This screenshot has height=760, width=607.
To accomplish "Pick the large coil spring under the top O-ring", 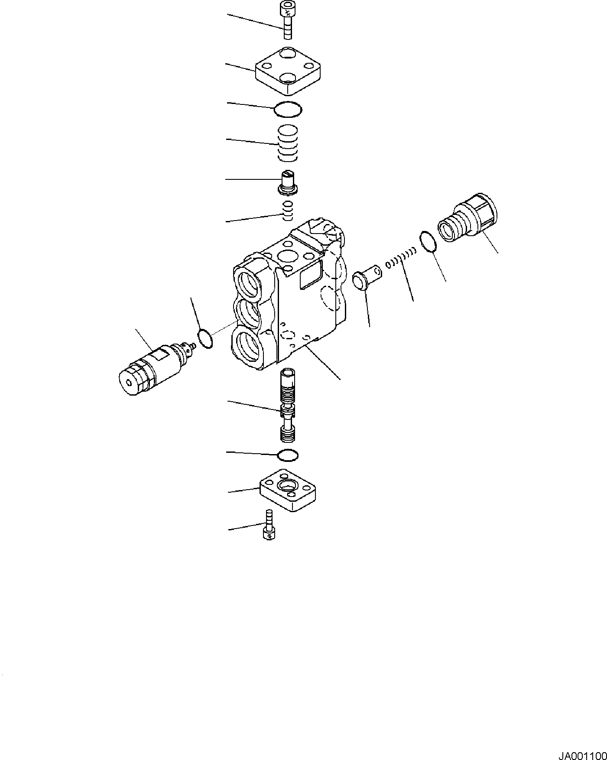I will coord(288,143).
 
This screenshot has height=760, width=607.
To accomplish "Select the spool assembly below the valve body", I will coord(288,405).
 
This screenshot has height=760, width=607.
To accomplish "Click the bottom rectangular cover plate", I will coord(287,490).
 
